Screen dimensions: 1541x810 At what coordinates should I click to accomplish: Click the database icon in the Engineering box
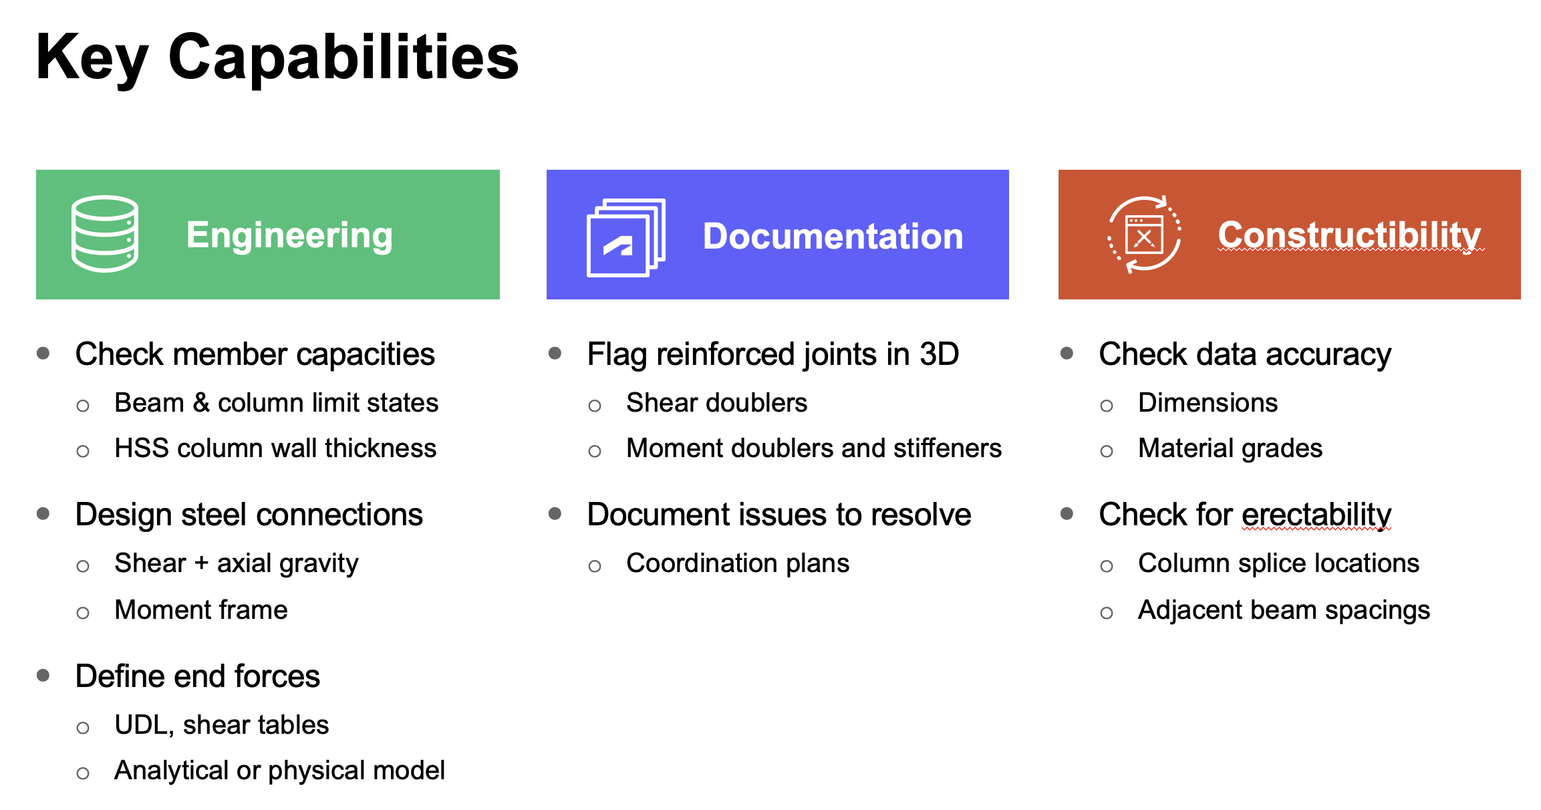click(105, 234)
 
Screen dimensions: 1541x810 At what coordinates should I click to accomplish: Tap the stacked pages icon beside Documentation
click(626, 238)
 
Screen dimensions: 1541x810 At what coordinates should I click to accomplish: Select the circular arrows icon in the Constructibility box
click(1144, 235)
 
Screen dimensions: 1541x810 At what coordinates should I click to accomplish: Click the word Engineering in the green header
click(289, 236)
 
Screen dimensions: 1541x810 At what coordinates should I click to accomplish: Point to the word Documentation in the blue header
click(833, 236)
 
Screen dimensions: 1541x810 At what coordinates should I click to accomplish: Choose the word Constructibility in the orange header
click(1349, 236)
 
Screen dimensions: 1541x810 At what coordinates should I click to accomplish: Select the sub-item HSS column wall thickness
click(275, 448)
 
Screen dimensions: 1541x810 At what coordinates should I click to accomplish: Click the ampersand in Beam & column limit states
click(201, 403)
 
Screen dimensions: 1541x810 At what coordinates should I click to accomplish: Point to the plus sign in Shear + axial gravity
click(201, 563)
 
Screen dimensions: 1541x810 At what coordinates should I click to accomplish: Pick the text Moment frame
click(201, 610)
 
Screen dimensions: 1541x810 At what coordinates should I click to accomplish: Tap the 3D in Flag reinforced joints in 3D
click(939, 354)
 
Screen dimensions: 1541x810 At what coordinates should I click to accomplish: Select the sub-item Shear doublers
click(717, 402)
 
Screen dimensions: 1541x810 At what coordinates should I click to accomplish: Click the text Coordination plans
click(738, 563)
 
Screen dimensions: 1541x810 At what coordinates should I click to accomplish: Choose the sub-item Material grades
click(1230, 448)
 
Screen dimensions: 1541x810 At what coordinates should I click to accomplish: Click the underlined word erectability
click(1316, 515)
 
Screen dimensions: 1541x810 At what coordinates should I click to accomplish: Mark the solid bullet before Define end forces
click(43, 675)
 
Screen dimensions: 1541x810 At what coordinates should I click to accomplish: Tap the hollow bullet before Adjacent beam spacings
click(1107, 613)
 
